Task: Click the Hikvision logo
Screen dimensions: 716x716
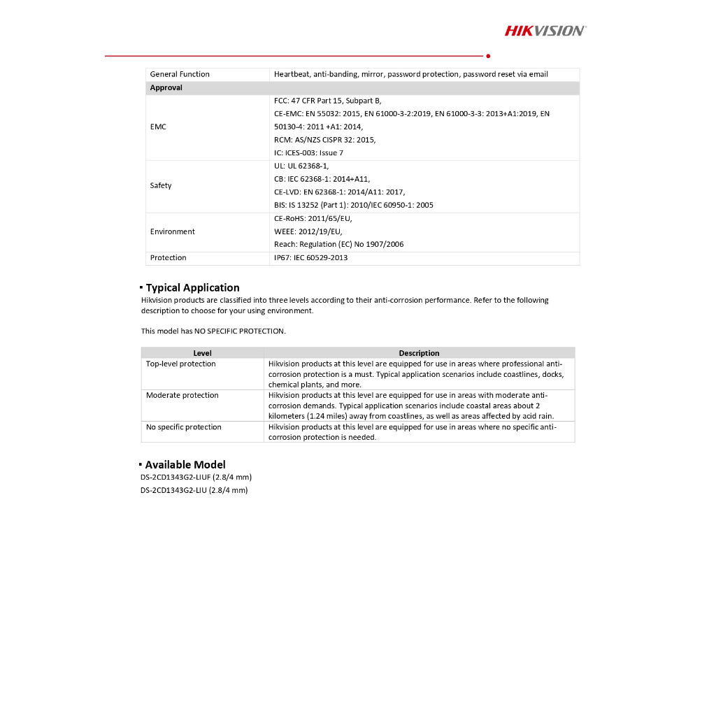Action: pos(545,30)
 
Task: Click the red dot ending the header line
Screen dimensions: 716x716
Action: pos(487,55)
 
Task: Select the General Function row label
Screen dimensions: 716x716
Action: pos(180,74)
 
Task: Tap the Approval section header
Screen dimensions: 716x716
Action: pos(166,88)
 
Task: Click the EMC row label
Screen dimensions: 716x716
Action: pos(158,127)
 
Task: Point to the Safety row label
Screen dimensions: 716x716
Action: pos(161,185)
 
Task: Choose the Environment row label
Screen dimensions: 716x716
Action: pos(173,231)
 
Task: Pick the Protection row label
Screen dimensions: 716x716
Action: pos(169,258)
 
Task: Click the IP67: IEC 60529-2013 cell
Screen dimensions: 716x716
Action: pos(310,258)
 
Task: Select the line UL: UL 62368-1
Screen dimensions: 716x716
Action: pos(301,166)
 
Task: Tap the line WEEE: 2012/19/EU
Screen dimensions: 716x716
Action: pos(308,231)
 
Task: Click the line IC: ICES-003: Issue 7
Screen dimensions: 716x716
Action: pos(308,153)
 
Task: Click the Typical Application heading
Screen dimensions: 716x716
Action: pos(192,287)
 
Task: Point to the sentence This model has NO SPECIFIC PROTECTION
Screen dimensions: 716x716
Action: pos(213,331)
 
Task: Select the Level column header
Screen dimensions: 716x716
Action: pos(203,353)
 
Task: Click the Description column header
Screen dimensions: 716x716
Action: pos(419,353)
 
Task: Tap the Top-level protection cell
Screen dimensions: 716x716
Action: pos(181,364)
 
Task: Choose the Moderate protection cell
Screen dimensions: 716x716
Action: pos(182,396)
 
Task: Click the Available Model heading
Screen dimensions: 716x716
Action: pos(185,464)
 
